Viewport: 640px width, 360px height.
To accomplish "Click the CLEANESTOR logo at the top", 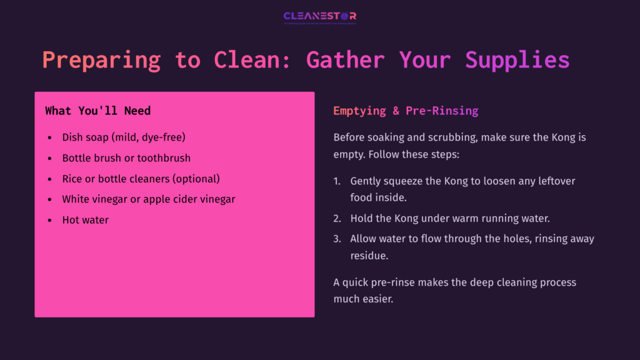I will [319, 17].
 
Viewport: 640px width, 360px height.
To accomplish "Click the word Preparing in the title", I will [101, 60].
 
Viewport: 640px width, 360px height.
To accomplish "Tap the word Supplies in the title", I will [517, 60].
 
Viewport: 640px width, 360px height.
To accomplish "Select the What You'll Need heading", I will [97, 111].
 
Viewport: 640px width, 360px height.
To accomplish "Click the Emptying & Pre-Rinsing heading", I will [406, 111].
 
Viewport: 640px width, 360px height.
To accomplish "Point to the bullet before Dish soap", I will [50, 137].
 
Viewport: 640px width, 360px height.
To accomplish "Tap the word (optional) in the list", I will [193, 179].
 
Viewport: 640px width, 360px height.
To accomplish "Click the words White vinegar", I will [93, 199].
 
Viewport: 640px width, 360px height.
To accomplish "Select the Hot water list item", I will [85, 220].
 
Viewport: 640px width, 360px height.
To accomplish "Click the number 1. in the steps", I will [337, 181].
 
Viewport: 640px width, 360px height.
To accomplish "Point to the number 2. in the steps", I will [337, 219].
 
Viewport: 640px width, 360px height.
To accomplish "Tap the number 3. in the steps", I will [337, 239].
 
